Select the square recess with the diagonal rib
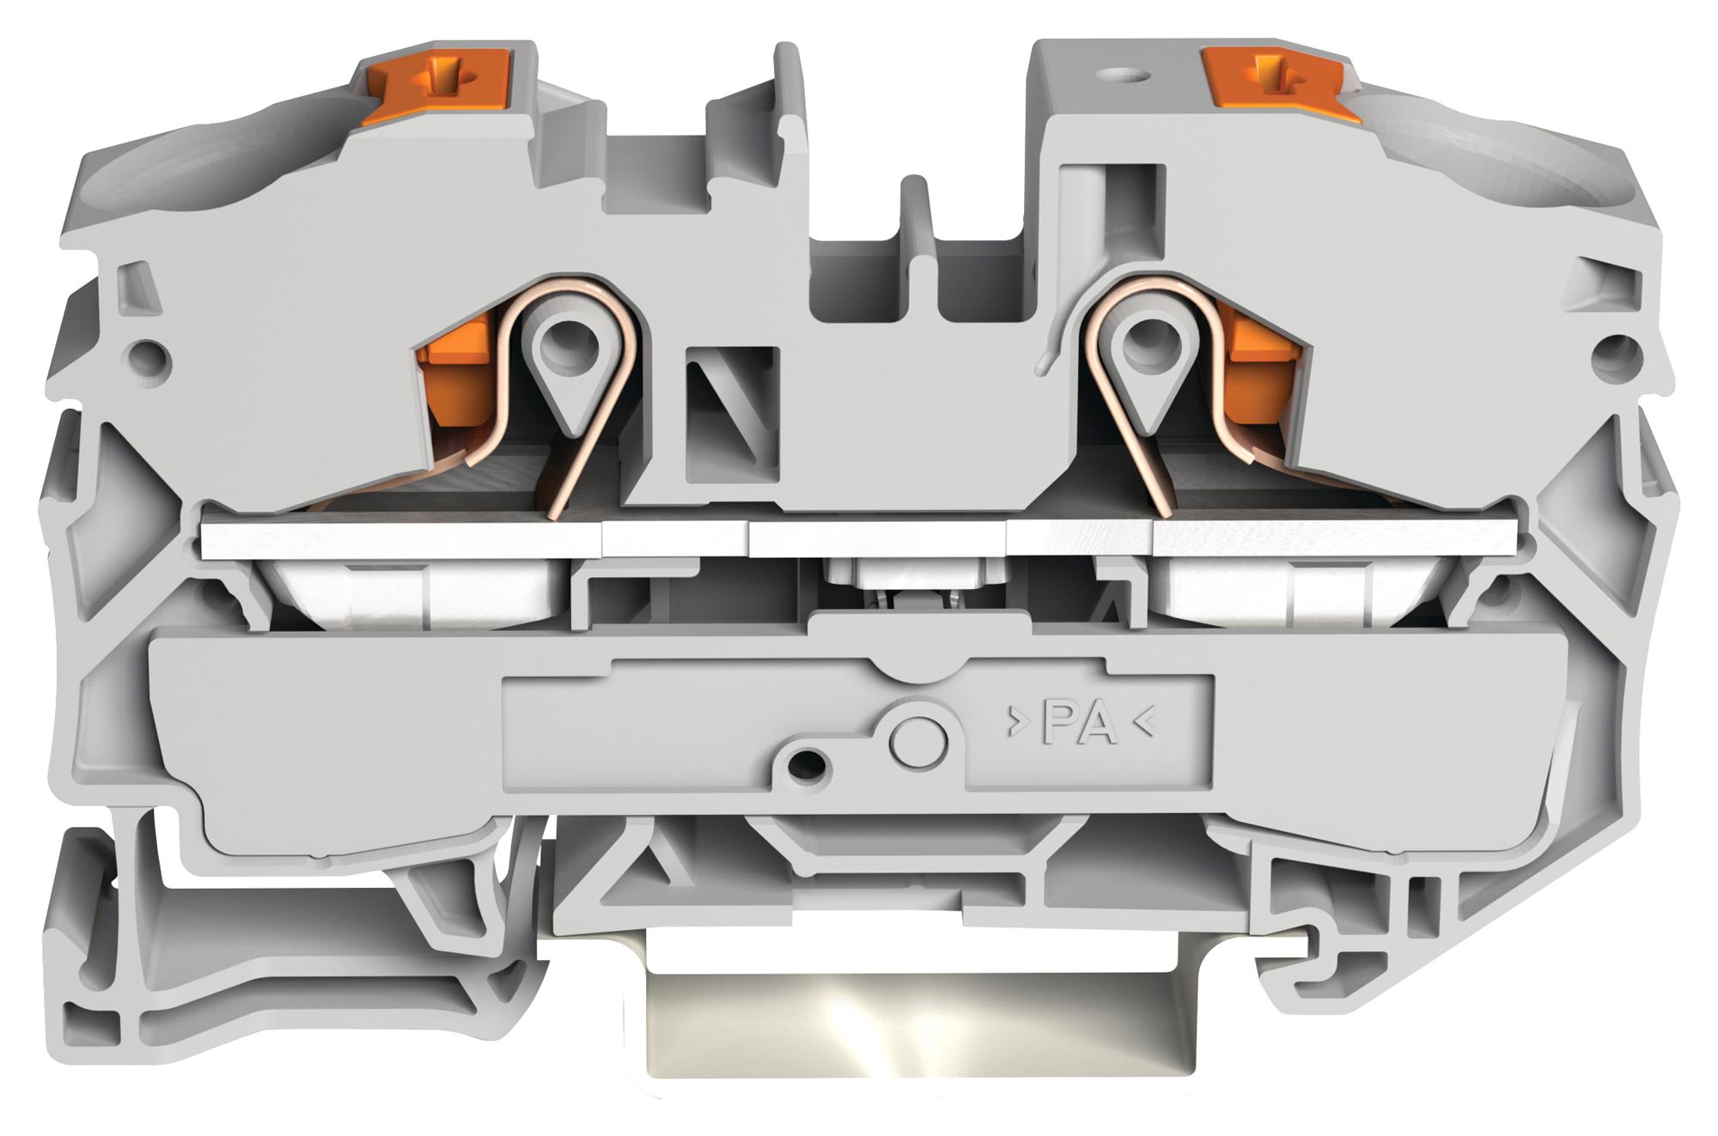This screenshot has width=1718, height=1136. click(x=732, y=412)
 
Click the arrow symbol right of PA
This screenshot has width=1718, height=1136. click(x=1143, y=724)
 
